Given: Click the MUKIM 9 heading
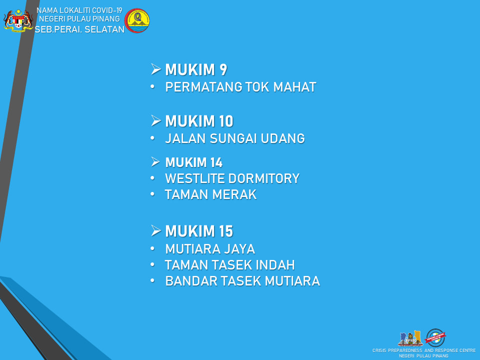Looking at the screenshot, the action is click(x=196, y=69).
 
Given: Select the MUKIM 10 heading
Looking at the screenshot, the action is click(x=199, y=121).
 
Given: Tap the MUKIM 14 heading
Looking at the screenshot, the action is click(x=194, y=162).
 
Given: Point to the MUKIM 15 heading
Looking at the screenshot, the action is click(x=199, y=231).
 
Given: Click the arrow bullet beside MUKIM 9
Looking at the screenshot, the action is click(x=156, y=69).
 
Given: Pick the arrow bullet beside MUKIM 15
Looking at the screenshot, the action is click(x=156, y=230).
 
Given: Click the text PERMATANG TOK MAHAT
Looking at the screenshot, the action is click(x=240, y=87).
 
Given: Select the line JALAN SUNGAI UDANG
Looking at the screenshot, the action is click(x=235, y=138).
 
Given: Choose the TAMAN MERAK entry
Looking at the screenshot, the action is click(x=210, y=194).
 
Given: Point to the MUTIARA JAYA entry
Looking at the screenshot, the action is click(x=210, y=249).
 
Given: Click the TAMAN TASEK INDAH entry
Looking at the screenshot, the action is click(x=229, y=265).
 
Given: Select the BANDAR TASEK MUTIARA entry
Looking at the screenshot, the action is click(x=242, y=281).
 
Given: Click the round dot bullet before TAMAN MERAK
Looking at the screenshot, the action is click(x=152, y=194).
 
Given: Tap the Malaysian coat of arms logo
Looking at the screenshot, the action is click(x=18, y=20).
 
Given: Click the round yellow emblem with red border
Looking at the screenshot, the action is click(x=137, y=20).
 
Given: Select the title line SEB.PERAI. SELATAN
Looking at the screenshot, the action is click(x=79, y=29).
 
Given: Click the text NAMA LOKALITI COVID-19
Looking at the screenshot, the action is click(x=79, y=10).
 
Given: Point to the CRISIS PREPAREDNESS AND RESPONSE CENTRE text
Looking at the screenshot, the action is click(x=424, y=350).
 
